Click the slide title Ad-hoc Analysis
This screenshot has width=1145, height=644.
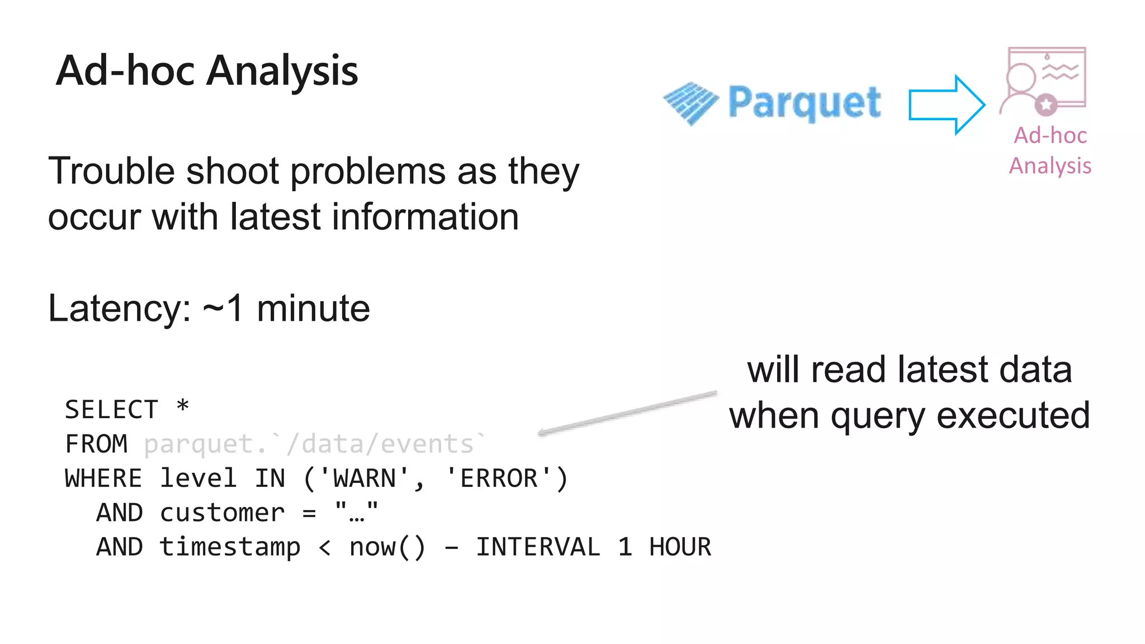207,71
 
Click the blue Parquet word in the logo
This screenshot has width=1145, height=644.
805,102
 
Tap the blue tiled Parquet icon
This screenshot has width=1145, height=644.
691,103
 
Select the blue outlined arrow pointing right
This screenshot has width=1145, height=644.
947,105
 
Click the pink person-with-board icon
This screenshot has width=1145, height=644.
1044,80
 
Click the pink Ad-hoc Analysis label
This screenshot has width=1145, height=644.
1050,150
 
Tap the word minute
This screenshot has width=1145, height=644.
313,308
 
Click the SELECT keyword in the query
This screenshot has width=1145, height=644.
112,409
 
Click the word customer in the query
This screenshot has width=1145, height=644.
222,513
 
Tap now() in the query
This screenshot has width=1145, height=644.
387,547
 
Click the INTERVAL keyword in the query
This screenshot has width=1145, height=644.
538,547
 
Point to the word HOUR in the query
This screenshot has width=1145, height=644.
680,547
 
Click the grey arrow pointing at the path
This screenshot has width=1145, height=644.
626,413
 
